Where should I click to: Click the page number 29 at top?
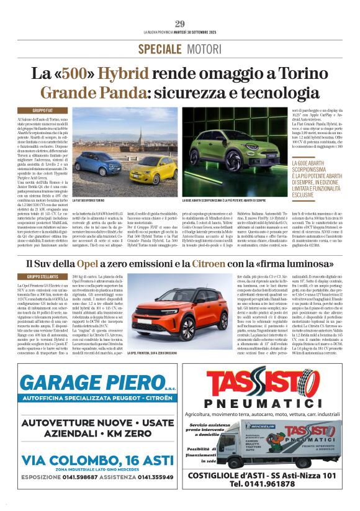point(180,24)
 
